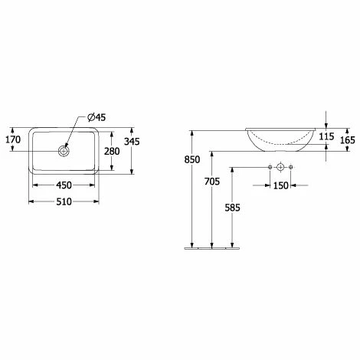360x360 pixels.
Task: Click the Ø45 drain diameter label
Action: click(97, 117)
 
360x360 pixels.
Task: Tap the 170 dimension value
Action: click(13, 139)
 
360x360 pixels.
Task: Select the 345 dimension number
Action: click(132, 141)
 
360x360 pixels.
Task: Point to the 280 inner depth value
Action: click(112, 151)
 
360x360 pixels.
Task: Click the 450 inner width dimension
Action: click(64, 185)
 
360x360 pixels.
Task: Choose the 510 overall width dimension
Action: click(64, 201)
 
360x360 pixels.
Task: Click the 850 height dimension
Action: click(192, 159)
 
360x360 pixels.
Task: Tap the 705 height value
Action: click(212, 182)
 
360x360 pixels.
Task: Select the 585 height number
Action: click(232, 208)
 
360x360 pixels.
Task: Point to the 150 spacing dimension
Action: click(281, 185)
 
